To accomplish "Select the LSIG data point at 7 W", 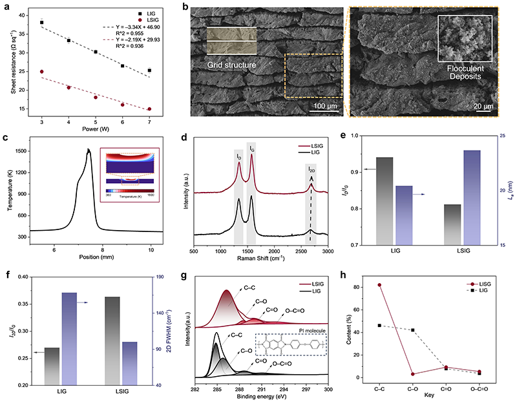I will [x=149, y=109].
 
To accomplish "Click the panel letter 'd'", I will [x=186, y=137].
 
